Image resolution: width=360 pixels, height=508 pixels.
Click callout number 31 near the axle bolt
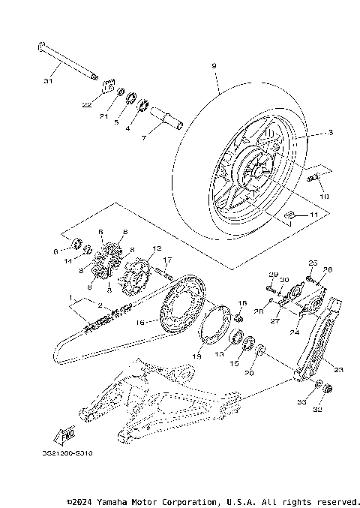point(49,80)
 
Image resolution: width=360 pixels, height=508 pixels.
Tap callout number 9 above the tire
point(214,66)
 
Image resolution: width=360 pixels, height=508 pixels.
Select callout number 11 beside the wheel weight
point(313,215)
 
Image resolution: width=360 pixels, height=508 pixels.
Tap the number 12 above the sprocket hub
point(157,247)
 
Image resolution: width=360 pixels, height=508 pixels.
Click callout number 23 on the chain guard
point(338,369)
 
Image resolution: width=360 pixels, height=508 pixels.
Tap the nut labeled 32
point(328,389)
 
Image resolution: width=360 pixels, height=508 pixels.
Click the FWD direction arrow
point(67,433)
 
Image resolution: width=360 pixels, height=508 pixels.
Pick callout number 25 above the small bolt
point(313,263)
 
